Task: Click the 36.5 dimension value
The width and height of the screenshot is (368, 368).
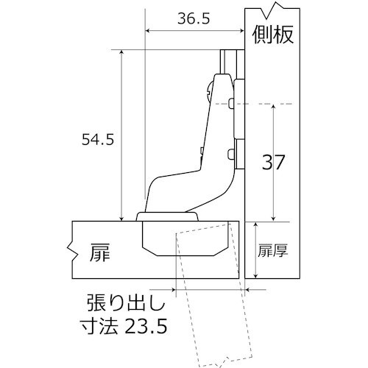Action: pos(194,20)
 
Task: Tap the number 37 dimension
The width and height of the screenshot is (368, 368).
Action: pos(274,162)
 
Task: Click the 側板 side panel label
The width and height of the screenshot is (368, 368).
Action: pos(273,35)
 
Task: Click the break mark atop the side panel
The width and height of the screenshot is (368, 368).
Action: pos(277,10)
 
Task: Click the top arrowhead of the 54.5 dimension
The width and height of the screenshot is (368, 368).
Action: pos(120,53)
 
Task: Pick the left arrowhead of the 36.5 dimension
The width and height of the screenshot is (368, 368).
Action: pos(149,31)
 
